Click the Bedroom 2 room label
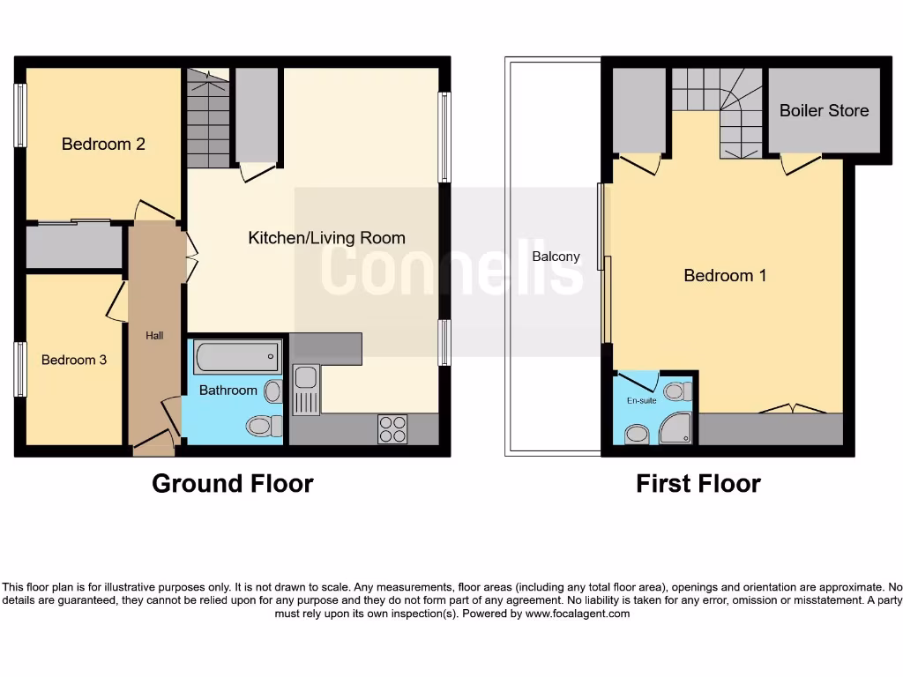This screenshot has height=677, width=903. pos(103,144)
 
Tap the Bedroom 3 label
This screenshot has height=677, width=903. pos(73,360)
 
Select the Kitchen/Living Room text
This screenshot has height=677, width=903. pos(326,237)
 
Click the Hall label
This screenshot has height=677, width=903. pos(154,335)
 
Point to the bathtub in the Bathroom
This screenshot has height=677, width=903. pos(237,357)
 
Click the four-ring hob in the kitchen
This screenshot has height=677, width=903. pos(392,428)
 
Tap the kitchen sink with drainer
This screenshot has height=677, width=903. pos(305,390)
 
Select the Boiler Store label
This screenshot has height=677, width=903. pos(824,110)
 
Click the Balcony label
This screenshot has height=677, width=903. pos(556,257)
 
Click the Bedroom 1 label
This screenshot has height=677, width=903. pos(725,275)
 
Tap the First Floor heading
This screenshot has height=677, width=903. pos(698,483)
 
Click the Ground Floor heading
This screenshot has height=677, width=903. pos(232,483)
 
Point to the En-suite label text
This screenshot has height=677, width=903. pos(642,399)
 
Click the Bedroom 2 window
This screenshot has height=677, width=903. pos(19,115)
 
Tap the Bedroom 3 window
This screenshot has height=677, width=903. pos(19,368)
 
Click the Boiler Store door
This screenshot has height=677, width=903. pos(800,164)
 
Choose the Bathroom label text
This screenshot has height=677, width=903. pos(228,390)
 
